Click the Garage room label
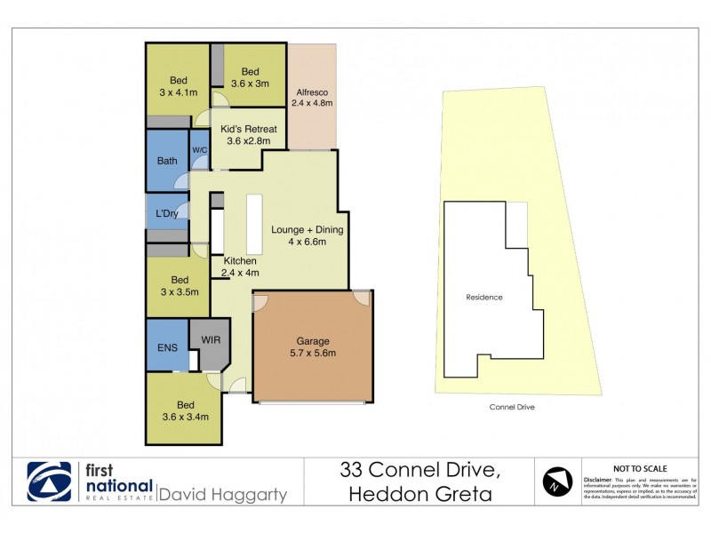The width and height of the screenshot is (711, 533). point(314,346)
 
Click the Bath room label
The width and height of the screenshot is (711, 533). point(167,161)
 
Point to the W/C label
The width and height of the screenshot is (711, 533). point(199,150)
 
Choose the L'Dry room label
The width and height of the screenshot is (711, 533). point(167,214)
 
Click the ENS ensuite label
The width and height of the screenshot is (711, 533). point(167,347)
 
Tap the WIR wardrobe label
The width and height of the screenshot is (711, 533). point(210,339)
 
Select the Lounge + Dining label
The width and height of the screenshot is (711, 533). point(307,235)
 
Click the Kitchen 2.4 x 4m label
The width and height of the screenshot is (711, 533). point(240,266)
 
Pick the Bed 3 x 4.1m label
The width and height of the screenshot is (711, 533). point(179,86)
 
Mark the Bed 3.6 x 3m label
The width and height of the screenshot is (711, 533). point(250,78)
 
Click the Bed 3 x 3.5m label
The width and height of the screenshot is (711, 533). point(179,285)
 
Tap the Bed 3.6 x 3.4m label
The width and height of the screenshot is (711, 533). point(185,410)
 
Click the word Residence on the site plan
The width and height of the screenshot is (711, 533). point(484,297)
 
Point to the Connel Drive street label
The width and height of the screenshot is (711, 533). point(512,407)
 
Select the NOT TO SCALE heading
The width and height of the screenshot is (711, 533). point(640,468)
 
